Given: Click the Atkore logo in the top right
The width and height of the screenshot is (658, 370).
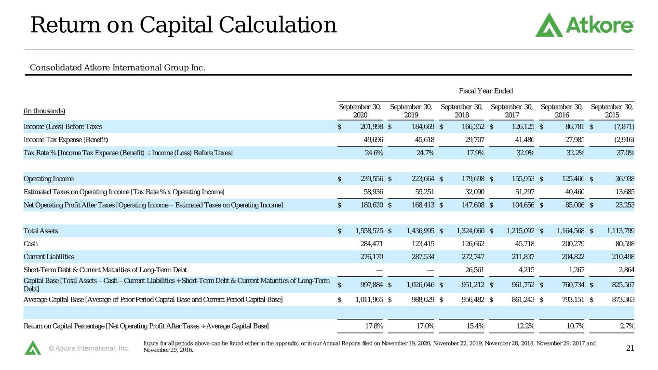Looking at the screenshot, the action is tap(584, 25).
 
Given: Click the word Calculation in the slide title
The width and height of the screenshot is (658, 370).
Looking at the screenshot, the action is tap(278, 25).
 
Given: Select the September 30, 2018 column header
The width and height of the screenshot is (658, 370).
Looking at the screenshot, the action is tap(461, 111).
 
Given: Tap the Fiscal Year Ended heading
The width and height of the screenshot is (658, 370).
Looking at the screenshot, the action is tap(486, 91).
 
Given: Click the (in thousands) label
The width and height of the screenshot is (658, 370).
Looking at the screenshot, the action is tap(44, 111).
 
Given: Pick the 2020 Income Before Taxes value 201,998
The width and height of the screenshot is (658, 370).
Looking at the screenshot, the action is tap(372, 127).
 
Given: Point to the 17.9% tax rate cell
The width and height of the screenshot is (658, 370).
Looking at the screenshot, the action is tap(475, 153).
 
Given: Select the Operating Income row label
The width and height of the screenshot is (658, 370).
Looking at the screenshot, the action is tap(49, 179).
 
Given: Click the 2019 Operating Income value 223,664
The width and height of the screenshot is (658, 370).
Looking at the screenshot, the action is tap(423, 179).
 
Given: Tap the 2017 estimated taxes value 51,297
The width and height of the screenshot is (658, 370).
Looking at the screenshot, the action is tap(524, 192).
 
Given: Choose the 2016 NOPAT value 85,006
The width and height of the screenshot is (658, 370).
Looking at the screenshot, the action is tap(575, 205).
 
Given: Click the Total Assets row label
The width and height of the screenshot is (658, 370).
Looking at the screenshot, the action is tap(40, 231).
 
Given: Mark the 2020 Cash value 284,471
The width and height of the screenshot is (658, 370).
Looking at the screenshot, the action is tap(372, 244).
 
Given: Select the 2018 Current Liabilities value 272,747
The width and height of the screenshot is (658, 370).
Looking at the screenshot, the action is tap(473, 257).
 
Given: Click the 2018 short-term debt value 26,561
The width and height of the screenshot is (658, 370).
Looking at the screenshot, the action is tap(474, 270).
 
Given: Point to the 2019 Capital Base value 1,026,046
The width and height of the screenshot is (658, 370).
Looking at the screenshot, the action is tap(420, 285).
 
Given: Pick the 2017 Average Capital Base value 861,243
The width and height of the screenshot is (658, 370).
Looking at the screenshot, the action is tap(523, 300).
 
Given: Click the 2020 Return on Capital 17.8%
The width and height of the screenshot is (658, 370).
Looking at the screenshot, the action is tap(374, 326).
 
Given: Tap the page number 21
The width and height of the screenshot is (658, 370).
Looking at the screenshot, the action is tap(630, 348).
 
